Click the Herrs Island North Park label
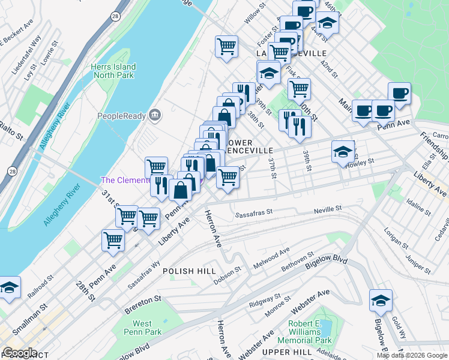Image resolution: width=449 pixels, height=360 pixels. pyautogui.click(x=113, y=71)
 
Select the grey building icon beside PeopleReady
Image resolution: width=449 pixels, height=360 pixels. pyautogui.click(x=155, y=115)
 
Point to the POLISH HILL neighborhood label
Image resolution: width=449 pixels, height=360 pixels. pyautogui.click(x=189, y=271)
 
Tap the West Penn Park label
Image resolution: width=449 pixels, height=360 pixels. pyautogui.click(x=146, y=328)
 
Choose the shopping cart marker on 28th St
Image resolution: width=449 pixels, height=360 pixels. pyautogui.click(x=113, y=241)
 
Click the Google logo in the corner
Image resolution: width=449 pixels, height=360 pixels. pyautogui.click(x=20, y=352)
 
